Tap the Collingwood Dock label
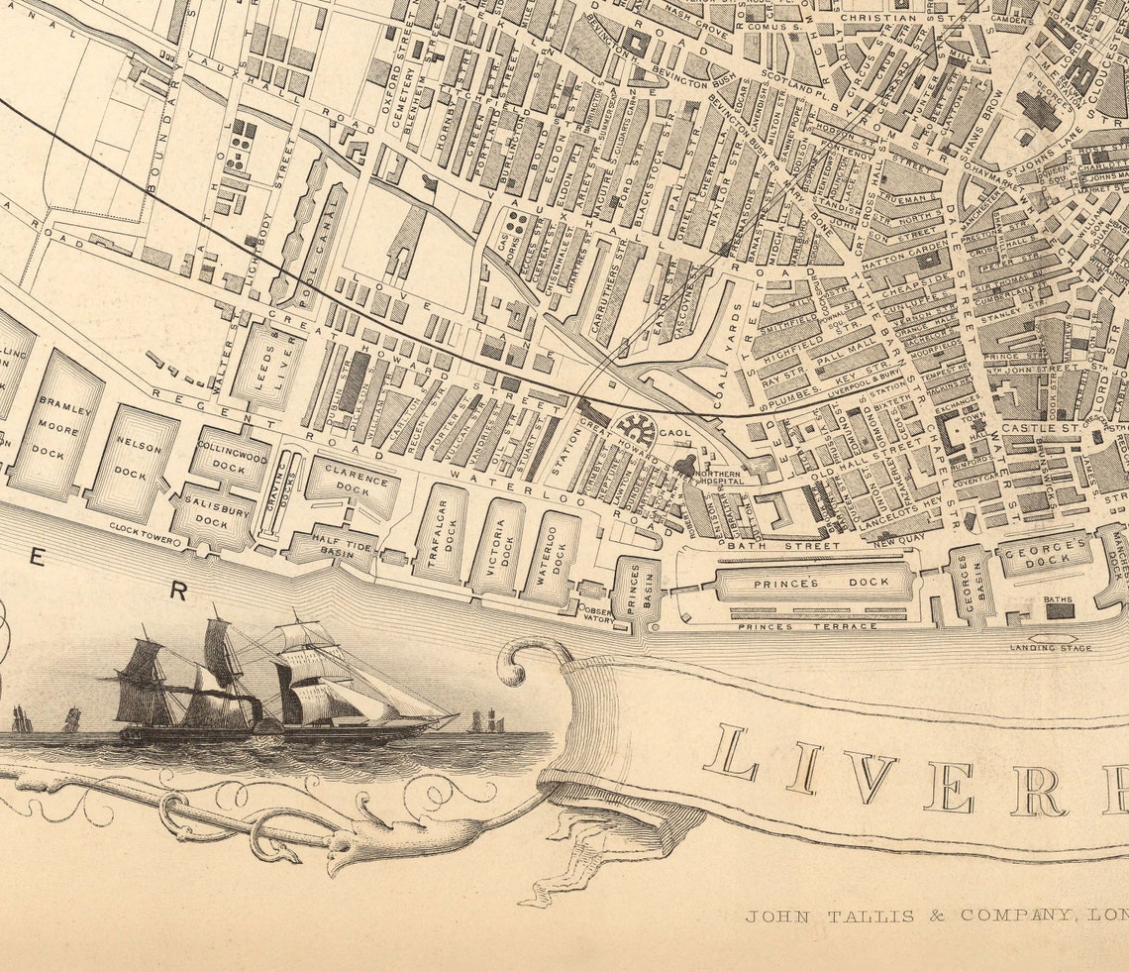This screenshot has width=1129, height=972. pos(231,457)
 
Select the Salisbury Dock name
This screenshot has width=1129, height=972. pos(211,512)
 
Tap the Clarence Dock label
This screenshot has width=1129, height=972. pos(354,481)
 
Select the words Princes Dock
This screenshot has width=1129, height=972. pos(821,583)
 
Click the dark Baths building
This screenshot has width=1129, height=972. pos(1060,610)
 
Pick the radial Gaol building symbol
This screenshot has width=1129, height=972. pos(635,430)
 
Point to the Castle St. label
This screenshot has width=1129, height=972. pos(1030,427)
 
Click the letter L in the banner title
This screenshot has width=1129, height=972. pos(731,754)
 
